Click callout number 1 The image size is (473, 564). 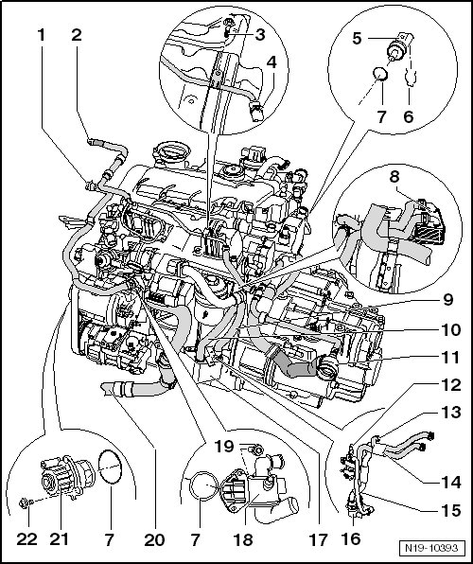tap(42, 35)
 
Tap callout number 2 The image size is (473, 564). tap(77, 35)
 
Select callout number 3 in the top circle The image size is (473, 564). tap(260, 34)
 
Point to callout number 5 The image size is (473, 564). tap(357, 39)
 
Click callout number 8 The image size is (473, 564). tap(394, 177)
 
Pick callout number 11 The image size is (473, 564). tap(449, 358)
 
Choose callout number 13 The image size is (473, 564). tap(450, 413)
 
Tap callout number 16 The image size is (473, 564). tap(351, 539)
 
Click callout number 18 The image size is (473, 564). tap(243, 539)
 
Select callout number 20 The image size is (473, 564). tap(154, 539)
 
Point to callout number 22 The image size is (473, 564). tap(27, 539)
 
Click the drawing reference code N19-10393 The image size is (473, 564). tap(431, 548)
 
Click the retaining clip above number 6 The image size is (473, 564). tap(411, 78)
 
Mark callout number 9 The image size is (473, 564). tap(447, 299)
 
